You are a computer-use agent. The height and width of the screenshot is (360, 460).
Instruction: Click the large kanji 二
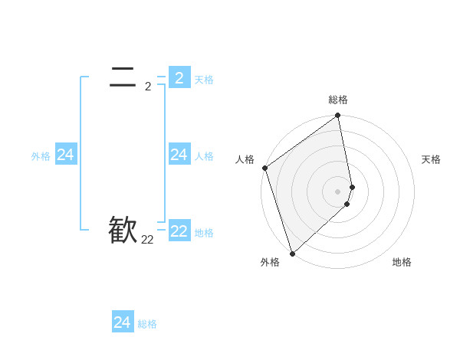123,77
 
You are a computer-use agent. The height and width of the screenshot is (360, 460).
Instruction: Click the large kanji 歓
123,230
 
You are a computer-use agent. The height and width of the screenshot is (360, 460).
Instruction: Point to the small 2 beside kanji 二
148,87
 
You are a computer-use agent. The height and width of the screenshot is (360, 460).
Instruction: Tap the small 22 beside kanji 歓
147,240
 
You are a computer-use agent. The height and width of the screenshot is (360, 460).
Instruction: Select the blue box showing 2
179,77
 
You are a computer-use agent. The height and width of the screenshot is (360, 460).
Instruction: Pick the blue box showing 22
179,231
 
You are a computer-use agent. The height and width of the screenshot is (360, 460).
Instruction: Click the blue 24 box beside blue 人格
179,155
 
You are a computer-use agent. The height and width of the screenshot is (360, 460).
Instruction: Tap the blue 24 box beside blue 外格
65,155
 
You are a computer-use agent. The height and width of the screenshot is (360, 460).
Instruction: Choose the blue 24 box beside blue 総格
123,322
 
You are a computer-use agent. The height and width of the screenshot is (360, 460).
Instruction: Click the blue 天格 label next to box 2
204,80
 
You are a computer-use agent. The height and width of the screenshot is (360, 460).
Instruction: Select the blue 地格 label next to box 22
204,233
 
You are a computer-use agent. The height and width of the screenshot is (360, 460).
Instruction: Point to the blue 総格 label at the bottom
147,325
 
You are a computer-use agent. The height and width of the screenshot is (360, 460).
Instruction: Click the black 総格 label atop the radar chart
338,100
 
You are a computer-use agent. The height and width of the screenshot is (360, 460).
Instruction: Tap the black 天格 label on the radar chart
432,159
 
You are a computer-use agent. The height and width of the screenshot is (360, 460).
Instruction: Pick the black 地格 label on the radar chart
402,262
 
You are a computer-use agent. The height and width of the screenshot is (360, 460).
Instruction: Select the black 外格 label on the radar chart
270,262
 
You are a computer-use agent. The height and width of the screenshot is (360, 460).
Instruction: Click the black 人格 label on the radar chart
245,159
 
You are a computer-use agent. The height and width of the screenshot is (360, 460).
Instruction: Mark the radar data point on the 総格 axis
338,116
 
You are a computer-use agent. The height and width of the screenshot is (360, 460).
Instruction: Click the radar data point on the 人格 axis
264,168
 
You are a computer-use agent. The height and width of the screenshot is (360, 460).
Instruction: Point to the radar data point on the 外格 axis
292,253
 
